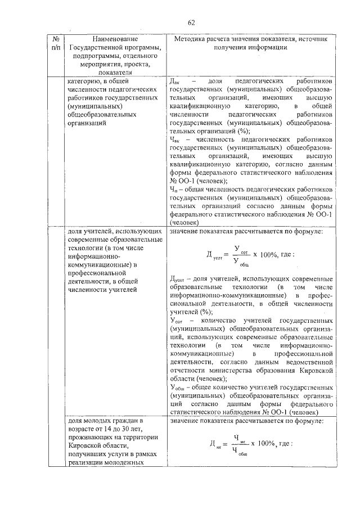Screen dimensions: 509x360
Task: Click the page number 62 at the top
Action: (x=191, y=22)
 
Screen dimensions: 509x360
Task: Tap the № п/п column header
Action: (x=56, y=43)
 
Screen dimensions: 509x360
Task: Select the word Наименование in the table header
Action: (x=115, y=39)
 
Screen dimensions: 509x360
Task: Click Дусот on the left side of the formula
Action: (x=215, y=256)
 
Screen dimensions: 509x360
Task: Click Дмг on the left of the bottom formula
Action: (x=215, y=445)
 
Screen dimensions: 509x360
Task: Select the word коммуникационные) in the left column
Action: (x=100, y=264)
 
